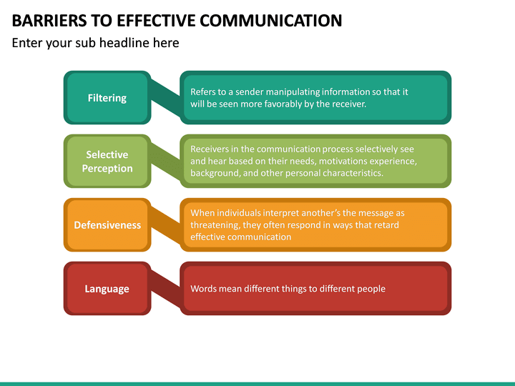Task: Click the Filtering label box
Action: point(107,98)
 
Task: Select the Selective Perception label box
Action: point(107,162)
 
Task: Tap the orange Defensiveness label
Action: point(107,225)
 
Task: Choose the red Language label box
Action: point(107,289)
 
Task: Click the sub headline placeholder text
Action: point(95,43)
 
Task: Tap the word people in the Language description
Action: point(370,289)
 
